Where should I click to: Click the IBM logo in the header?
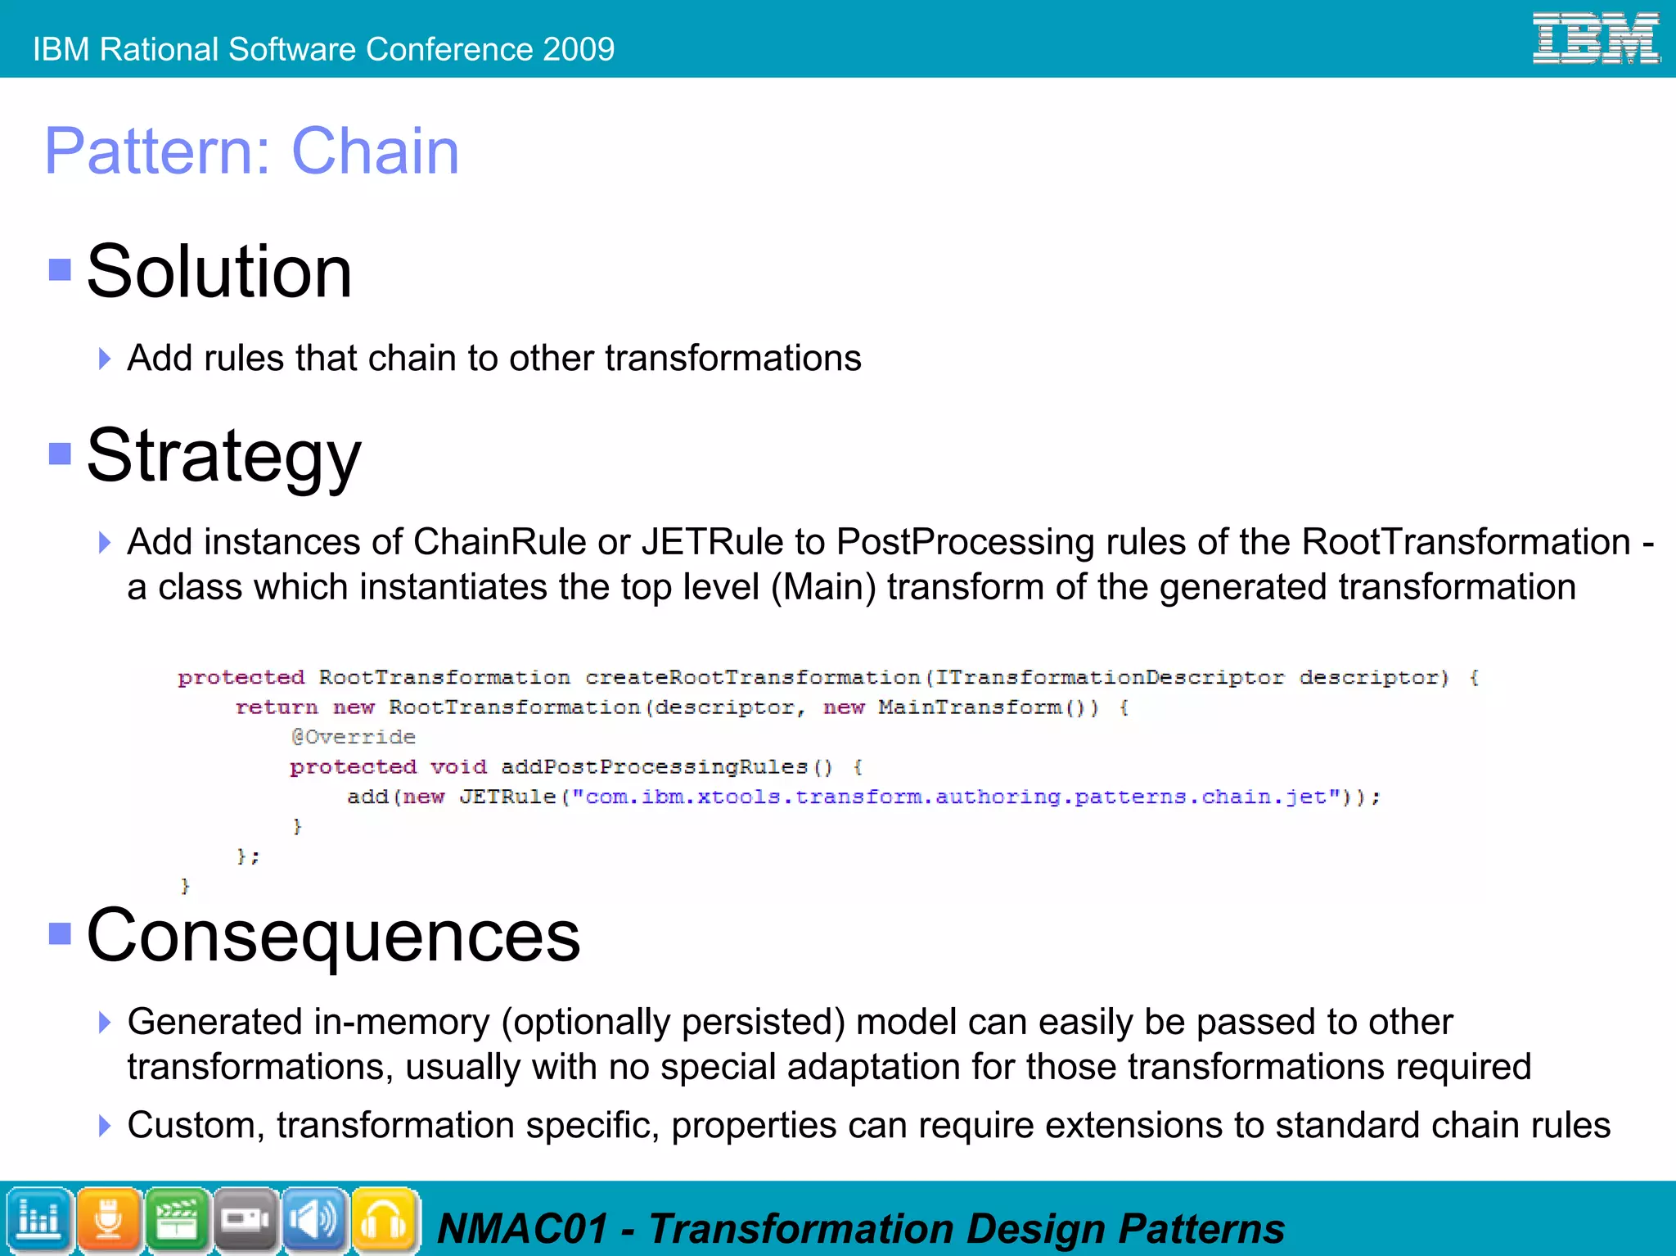1595,38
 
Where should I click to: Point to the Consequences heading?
333,935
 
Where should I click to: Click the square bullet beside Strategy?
60,454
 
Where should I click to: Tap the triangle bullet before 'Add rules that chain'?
104,359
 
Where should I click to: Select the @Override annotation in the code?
354,737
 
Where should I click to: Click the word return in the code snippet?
276,707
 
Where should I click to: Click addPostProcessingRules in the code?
654,766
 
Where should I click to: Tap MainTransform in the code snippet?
970,707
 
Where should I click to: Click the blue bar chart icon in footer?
38,1220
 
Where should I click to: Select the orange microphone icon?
108,1220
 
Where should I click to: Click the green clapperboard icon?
178,1220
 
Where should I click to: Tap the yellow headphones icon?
385,1220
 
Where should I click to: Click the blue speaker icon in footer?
315,1220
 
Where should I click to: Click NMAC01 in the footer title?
523,1229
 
